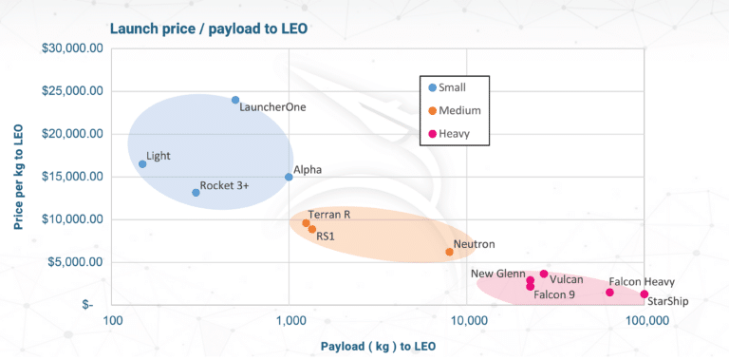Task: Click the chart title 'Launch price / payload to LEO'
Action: pos(208,28)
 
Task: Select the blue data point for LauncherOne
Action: pos(235,100)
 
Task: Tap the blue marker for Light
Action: pos(142,164)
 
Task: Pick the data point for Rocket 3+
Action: pos(196,193)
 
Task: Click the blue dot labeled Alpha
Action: pos(290,177)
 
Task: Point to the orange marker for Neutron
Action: pos(449,252)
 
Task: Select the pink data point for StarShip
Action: pos(645,294)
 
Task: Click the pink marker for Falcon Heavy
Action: pos(609,293)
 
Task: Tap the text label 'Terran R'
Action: pos(329,216)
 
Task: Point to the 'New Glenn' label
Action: pos(498,274)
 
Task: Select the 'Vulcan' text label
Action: pos(567,279)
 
